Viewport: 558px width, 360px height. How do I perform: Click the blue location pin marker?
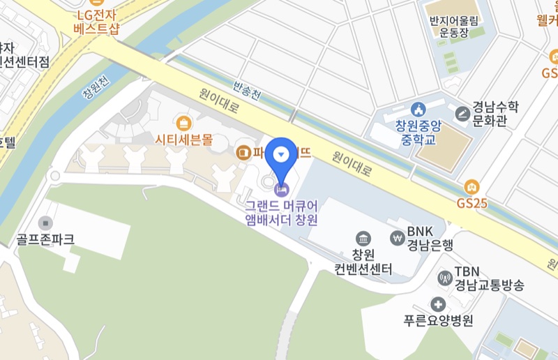282,155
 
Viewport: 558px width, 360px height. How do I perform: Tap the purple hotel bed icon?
282,188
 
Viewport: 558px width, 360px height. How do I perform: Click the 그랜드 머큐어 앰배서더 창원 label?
282,213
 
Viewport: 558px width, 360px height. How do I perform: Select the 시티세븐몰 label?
183,140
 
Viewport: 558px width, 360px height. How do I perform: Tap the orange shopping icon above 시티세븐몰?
184,124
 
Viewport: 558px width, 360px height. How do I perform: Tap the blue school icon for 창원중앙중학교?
418,110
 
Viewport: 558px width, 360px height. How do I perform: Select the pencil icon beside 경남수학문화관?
462,113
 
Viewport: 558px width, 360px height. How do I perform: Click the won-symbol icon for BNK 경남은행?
398,237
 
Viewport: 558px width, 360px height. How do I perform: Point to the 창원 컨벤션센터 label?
363,262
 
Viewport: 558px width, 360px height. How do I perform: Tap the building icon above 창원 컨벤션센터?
363,239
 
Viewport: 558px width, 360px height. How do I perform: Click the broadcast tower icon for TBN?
444,278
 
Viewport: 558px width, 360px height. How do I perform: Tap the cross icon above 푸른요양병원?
438,304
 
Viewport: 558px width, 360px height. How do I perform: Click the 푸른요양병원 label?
438,322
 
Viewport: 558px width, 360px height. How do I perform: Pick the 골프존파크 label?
45,240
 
